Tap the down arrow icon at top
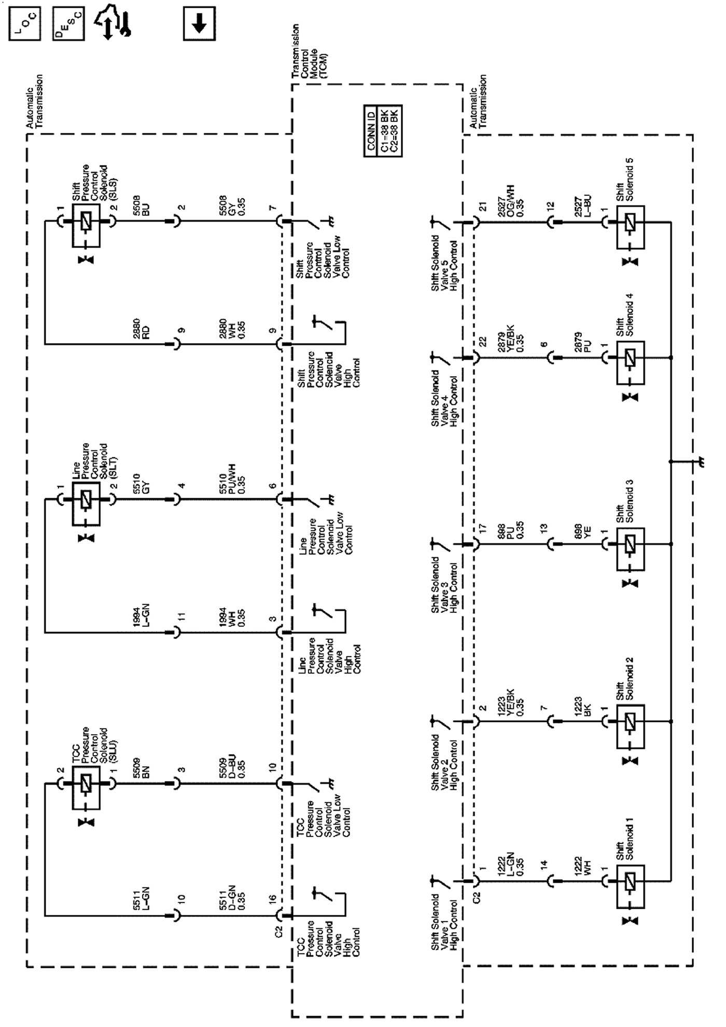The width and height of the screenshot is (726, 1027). [x=199, y=23]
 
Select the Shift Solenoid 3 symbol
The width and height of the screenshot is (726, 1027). [x=631, y=545]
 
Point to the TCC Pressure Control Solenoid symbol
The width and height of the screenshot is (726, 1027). [x=86, y=784]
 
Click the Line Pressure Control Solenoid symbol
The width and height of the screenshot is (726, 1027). [x=86, y=499]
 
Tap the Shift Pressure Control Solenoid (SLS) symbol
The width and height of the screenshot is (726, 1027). [x=86, y=221]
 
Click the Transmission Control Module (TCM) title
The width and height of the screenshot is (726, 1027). [x=309, y=52]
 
